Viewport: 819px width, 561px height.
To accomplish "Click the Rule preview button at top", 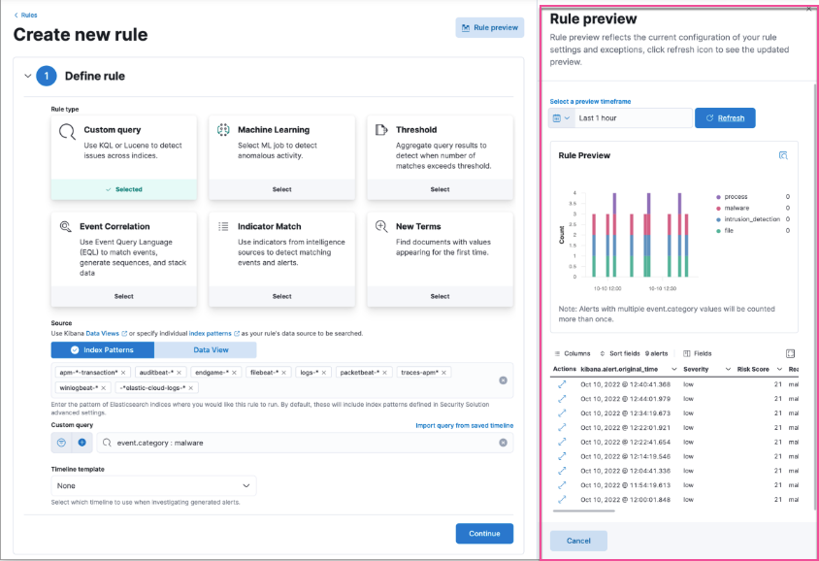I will pos(490,28).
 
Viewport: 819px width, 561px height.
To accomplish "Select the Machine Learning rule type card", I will pos(281,155).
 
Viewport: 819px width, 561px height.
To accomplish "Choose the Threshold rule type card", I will pos(440,155).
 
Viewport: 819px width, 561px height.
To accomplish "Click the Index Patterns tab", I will pos(102,349).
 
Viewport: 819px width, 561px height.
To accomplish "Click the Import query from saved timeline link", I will pos(464,425).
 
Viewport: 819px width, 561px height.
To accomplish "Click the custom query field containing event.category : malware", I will pos(301,443).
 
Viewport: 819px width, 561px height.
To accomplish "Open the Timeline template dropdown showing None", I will pos(153,485).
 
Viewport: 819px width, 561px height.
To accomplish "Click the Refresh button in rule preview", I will pos(725,117).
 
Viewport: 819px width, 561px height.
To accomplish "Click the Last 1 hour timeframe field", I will pos(633,117).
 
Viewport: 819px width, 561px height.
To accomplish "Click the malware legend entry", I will pos(739,208).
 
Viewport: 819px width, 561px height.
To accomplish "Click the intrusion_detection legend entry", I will pos(752,219).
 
